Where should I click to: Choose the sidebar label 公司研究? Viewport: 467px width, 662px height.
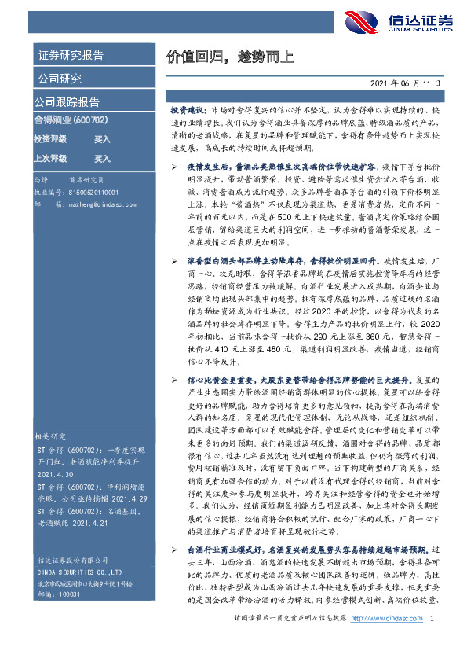(x=58, y=79)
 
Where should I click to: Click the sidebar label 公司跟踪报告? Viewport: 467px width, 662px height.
(x=67, y=102)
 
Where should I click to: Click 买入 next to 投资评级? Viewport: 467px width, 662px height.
(x=102, y=138)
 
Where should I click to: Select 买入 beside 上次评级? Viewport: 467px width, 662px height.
(x=102, y=157)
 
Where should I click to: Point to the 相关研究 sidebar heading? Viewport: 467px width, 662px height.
(x=49, y=435)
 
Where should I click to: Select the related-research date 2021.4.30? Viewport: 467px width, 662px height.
(x=51, y=475)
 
